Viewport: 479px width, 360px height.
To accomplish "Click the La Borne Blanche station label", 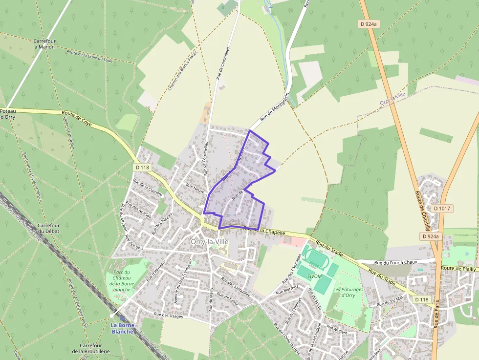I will click(122, 328).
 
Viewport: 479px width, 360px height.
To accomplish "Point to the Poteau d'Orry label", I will click(9, 114).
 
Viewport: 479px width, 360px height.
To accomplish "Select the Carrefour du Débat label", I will click(49, 228).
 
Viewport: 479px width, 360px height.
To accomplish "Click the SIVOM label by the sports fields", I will click(315, 276).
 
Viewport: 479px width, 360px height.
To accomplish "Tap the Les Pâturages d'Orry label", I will click(348, 292).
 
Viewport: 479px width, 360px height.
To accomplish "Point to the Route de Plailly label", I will click(458, 268).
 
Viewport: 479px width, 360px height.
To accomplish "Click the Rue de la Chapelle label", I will click(264, 230).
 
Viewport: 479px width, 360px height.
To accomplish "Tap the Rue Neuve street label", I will click(195, 188).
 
